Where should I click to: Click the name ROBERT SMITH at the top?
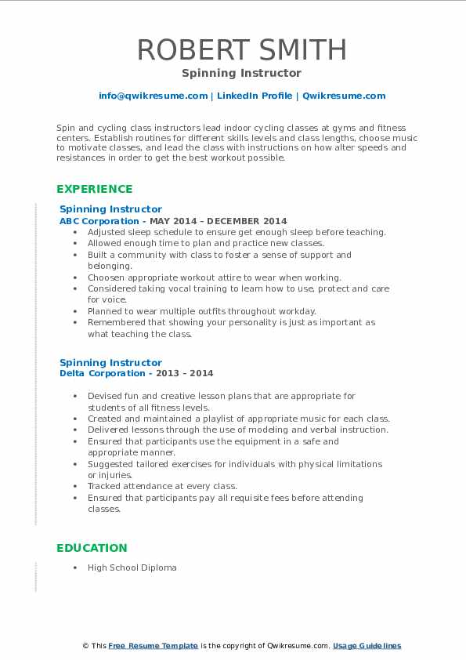(x=242, y=49)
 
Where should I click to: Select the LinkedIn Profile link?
(x=255, y=96)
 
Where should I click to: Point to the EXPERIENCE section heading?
(x=94, y=189)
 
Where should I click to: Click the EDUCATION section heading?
(x=92, y=548)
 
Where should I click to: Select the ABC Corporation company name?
(x=99, y=221)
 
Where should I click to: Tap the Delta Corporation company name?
(x=102, y=374)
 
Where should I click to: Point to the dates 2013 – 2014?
(x=186, y=374)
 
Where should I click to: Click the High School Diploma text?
(x=132, y=568)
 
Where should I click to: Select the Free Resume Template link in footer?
(x=154, y=646)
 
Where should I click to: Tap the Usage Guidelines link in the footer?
(x=367, y=646)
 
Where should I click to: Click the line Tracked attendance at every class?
(x=162, y=486)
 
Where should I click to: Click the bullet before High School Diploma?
(x=74, y=568)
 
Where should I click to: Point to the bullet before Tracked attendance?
(x=74, y=486)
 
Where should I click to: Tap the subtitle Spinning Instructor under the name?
(x=241, y=73)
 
